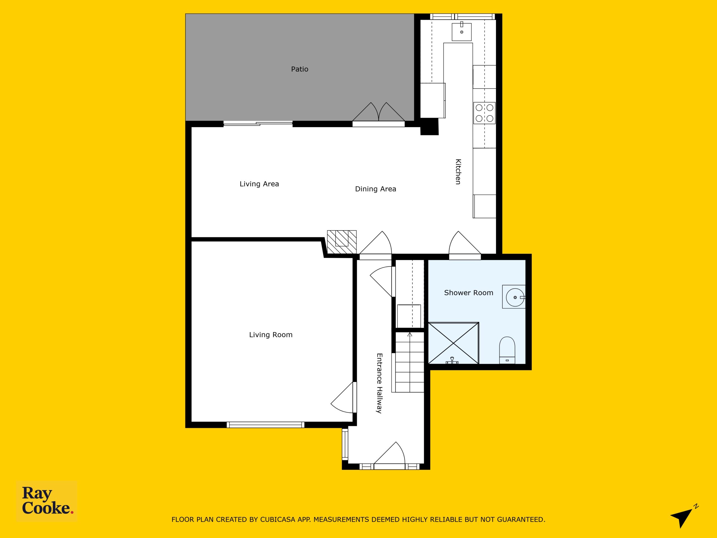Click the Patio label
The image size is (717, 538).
[x=299, y=69]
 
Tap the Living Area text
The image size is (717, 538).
[x=259, y=184]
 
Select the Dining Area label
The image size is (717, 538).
[x=375, y=189]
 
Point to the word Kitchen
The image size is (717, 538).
[x=458, y=171]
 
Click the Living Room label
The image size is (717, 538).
[x=271, y=335]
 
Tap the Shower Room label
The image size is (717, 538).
[x=468, y=293]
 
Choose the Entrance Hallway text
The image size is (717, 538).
[x=379, y=383]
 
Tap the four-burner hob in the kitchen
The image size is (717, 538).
[x=484, y=113]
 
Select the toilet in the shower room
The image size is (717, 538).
[x=507, y=350]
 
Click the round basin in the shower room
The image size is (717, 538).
[x=515, y=297]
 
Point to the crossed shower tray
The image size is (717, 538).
[x=453, y=343]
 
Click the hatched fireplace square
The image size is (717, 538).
[x=342, y=242]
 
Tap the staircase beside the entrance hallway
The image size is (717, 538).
[x=410, y=362]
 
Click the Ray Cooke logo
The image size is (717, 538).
[x=47, y=501]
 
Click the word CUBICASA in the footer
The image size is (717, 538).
[x=273, y=519]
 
